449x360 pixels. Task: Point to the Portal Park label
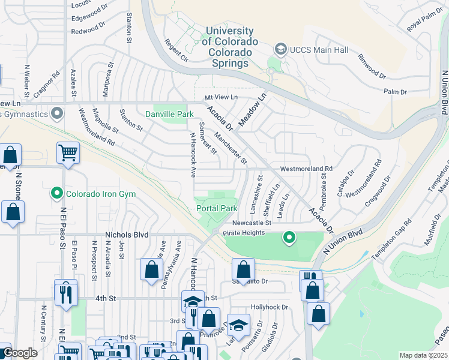coord(217,208)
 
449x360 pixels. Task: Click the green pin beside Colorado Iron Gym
coord(57,194)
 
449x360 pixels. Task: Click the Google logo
coord(19,353)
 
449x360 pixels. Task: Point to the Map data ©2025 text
coord(423,355)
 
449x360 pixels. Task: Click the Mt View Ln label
coord(221,97)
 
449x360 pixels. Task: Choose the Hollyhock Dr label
coord(270,307)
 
